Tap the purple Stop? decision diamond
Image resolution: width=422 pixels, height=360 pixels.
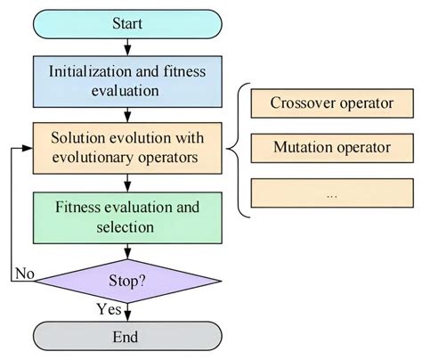pos(127,281)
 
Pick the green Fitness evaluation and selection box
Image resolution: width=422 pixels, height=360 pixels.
pos(127,217)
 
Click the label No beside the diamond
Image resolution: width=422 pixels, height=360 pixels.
pos(25,273)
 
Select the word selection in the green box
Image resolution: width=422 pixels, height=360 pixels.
pos(127,226)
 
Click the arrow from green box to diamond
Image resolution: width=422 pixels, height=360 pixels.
pos(127,251)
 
